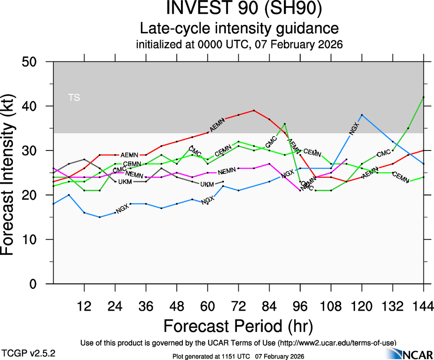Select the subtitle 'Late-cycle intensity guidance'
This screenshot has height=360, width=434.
(239, 29)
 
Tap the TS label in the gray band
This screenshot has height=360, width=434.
(74, 97)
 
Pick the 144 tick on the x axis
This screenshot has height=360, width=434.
(423, 306)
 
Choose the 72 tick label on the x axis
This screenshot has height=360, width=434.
(238, 306)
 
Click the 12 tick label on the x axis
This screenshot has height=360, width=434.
(84, 306)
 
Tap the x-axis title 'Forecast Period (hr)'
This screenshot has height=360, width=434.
(238, 325)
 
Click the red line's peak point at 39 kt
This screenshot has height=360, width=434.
(254, 110)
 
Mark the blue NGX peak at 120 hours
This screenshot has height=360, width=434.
(362, 114)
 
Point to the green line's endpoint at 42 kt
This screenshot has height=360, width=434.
(423, 97)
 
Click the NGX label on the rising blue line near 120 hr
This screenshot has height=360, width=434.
(354, 129)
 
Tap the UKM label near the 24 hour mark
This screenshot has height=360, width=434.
(125, 182)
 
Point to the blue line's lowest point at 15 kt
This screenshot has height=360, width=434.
(100, 217)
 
